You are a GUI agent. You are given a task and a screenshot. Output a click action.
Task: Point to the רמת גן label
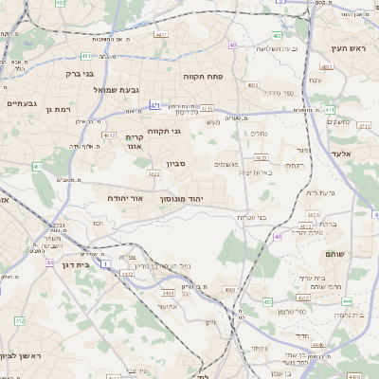pos(57,111)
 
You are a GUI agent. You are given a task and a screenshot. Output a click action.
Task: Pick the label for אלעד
pos(342,153)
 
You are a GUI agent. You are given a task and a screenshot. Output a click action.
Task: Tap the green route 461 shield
pos(37,167)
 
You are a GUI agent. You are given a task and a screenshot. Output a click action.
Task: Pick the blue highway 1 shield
pos(104,262)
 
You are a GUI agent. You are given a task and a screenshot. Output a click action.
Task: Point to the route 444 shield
pos(348,300)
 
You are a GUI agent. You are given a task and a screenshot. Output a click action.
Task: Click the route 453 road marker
pos(269,302)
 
